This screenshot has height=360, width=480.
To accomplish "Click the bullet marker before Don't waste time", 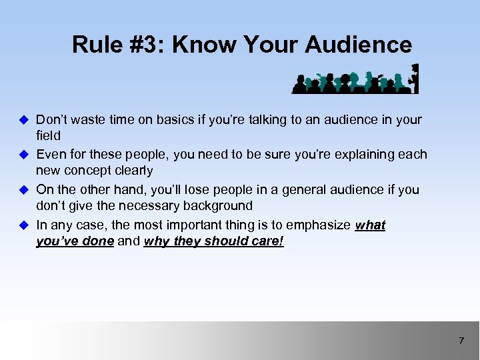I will click(x=23, y=120).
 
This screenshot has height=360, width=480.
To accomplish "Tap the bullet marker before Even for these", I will click(x=23, y=155).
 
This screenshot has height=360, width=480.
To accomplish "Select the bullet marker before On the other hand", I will click(x=23, y=189).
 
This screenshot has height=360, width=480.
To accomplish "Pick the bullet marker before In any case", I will click(x=23, y=225).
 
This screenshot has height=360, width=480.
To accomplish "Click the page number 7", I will click(x=461, y=341).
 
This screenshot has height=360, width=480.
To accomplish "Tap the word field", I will click(x=48, y=136).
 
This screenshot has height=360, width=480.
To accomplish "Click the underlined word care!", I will click(x=266, y=241).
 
